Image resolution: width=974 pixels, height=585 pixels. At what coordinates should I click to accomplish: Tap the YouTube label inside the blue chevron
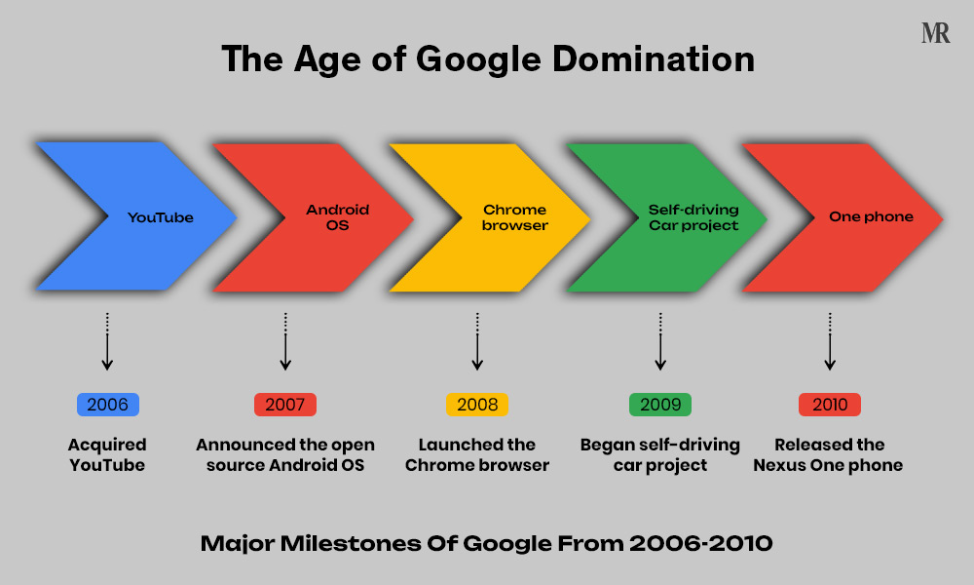coord(161,217)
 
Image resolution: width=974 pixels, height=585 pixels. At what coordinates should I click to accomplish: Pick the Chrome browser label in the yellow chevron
coord(515,217)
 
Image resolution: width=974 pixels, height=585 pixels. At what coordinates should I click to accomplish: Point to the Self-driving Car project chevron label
coord(693,217)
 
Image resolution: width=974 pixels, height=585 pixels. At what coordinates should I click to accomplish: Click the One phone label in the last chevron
coord(871,217)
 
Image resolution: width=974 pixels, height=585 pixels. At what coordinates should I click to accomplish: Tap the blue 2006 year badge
coord(108,405)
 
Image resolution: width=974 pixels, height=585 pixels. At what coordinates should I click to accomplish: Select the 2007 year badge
coord(285,405)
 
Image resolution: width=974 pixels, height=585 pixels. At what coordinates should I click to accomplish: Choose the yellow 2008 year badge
coord(477,405)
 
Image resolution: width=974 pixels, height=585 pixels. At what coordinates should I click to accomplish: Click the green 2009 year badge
coord(660,405)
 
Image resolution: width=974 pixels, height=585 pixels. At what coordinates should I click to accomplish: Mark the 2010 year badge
coord(830,405)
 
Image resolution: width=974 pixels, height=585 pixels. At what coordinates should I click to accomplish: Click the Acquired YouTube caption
coord(107,455)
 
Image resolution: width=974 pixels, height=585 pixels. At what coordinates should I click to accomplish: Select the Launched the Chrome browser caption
coord(477,455)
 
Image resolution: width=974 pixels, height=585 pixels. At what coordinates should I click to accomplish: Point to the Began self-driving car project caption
coord(660,455)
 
